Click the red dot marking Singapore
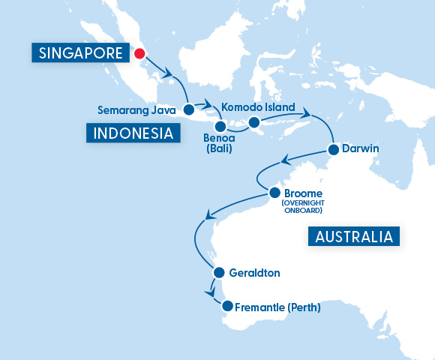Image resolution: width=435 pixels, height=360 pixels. click(x=139, y=53)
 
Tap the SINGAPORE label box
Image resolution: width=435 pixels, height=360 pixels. click(x=80, y=53)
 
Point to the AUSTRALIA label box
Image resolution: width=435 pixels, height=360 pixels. click(x=354, y=237)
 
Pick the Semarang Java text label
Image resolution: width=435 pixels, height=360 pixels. click(x=139, y=110)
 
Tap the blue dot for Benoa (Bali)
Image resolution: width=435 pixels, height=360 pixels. click(x=220, y=126)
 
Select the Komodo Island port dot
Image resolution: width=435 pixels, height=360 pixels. click(x=253, y=122)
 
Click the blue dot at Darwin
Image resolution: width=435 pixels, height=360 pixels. click(x=331, y=149)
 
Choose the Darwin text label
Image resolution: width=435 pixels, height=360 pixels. click(x=360, y=149)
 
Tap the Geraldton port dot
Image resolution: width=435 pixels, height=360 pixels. click(x=218, y=273)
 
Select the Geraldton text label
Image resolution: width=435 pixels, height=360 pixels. click(x=256, y=274)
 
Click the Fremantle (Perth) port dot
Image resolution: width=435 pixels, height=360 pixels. click(x=226, y=307)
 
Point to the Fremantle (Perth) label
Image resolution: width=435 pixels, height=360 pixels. click(x=277, y=307)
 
